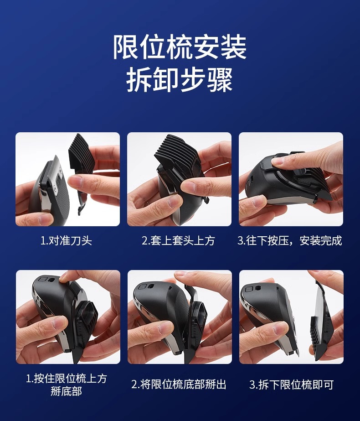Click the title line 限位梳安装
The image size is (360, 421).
(x=180, y=47)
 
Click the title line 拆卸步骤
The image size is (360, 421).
(x=180, y=80)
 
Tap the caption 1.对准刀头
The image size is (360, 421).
(x=66, y=240)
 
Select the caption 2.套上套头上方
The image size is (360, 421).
(x=178, y=240)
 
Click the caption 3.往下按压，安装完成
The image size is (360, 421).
(x=290, y=240)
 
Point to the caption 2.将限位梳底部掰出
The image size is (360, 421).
(x=179, y=384)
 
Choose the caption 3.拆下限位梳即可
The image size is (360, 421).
(x=291, y=385)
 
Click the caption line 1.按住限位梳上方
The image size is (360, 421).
(x=67, y=379)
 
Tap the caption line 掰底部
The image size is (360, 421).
(x=66, y=391)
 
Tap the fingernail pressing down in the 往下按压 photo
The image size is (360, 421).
(x=276, y=161)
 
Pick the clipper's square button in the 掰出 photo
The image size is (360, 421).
(x=142, y=287)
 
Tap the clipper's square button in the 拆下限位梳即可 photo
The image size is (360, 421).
(x=249, y=289)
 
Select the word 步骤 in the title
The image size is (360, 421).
(x=206, y=80)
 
